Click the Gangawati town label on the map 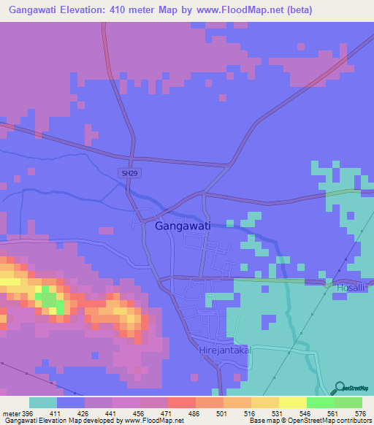coord(183,226)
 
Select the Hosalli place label coord(354,289)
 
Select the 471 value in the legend coord(168,413)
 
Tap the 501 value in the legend coord(224,413)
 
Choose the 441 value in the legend coord(113,413)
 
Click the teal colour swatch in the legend coord(43,402)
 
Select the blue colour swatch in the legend coord(71,402)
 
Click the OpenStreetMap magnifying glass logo coord(337,388)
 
